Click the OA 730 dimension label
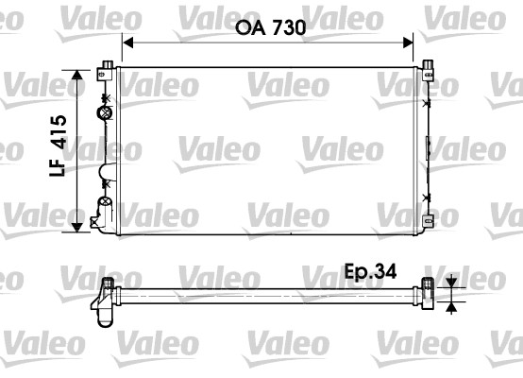[268, 28]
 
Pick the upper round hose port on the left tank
[104, 114]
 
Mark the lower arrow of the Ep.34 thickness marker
[451, 305]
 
